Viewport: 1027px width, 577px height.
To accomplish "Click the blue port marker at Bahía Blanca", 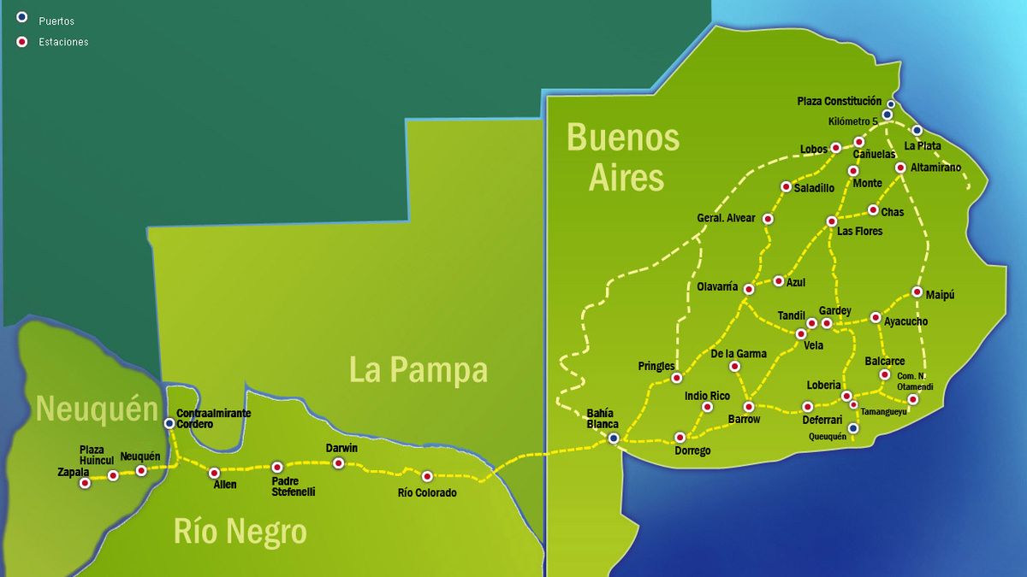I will [x=613, y=438].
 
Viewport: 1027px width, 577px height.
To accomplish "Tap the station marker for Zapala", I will [x=85, y=483].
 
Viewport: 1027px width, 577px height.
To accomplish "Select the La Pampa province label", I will [x=418, y=369].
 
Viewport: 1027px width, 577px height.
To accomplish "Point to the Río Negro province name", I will [x=240, y=532].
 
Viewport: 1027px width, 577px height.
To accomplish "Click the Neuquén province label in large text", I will [x=97, y=409].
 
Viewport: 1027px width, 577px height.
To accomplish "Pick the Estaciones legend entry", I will [x=62, y=42].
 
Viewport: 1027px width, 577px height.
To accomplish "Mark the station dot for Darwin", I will [x=338, y=463].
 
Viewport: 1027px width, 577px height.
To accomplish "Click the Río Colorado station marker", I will [x=427, y=476].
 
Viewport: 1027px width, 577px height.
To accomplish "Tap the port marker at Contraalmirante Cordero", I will [x=169, y=422].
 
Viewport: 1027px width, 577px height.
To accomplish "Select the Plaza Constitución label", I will [x=839, y=101].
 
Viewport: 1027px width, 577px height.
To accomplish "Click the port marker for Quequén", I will [x=852, y=428].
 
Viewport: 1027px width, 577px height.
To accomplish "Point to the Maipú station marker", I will [x=917, y=292].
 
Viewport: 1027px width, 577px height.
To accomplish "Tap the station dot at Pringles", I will [x=676, y=377].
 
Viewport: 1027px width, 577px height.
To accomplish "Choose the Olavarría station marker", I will [x=749, y=289].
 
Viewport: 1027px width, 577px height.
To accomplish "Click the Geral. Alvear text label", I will [x=726, y=218].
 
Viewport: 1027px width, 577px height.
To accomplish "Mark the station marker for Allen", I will [x=214, y=473].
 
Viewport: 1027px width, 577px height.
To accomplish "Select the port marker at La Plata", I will [x=917, y=131].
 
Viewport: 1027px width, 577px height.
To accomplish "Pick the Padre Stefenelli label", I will [x=294, y=486].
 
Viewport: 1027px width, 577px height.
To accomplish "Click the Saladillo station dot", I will [x=786, y=186].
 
